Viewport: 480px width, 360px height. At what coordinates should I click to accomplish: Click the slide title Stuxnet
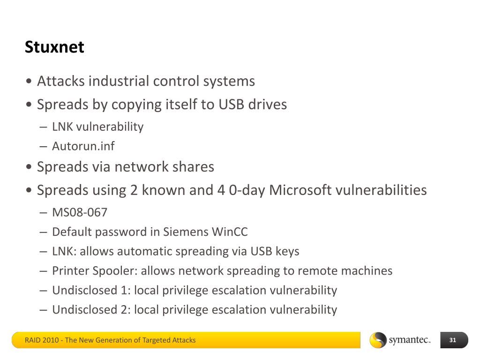[x=54, y=47]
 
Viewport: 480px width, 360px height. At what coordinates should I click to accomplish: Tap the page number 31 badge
[x=453, y=340]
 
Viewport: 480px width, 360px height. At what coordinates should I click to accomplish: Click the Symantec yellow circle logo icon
[x=378, y=340]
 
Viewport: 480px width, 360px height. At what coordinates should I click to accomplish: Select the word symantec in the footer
[x=409, y=340]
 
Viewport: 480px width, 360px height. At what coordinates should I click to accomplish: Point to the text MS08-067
[x=80, y=212]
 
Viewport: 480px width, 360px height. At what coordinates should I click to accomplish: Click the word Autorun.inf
[x=83, y=146]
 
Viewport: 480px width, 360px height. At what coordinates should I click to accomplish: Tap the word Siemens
[x=186, y=232]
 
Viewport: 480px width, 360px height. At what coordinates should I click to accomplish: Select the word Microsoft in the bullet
[x=300, y=190]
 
